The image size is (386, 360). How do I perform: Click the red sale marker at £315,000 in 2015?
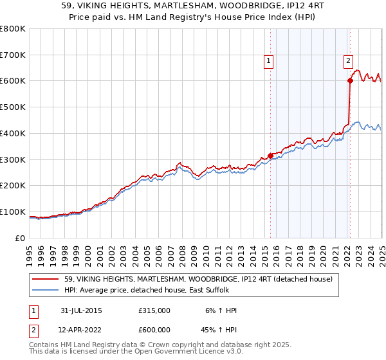pos(270,155)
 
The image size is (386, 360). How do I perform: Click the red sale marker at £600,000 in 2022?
pos(350,81)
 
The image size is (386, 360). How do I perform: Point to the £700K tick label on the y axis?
pos(13,55)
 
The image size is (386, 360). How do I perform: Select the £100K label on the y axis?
pos(13,212)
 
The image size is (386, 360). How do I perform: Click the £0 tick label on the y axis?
pos(19,238)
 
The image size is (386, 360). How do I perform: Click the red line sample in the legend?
pos(46,279)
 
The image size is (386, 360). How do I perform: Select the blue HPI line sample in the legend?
pos(46,290)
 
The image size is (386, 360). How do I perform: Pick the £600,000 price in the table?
pos(154,330)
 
